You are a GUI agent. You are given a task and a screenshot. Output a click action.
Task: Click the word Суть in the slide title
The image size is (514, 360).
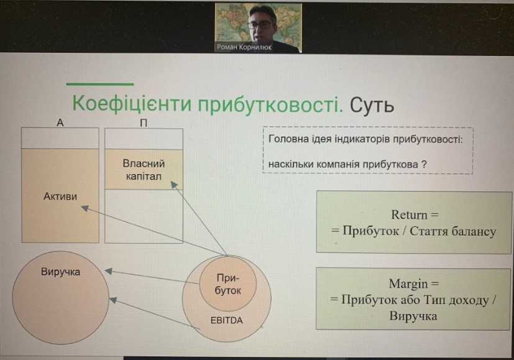pyautogui.click(x=372, y=105)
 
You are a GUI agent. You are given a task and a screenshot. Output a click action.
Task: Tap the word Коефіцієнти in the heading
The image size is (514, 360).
pyautogui.click(x=131, y=104)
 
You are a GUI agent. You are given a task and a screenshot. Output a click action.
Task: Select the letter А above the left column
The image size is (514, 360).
pyautogui.click(x=60, y=122)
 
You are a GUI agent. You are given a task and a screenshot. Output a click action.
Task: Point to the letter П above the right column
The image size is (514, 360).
pyautogui.click(x=144, y=123)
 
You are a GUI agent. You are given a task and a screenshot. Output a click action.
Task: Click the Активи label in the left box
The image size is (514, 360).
pyautogui.click(x=60, y=196)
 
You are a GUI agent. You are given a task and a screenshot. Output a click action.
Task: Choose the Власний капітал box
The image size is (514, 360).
pyautogui.click(x=144, y=170)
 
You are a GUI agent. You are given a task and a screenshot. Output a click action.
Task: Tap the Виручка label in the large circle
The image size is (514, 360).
pyautogui.click(x=61, y=272)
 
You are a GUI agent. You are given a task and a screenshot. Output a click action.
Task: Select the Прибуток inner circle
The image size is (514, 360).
pyautogui.click(x=227, y=284)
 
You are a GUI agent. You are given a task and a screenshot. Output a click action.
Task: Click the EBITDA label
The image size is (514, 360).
pyautogui.click(x=226, y=320)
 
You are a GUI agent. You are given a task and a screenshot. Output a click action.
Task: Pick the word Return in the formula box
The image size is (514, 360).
pyautogui.click(x=410, y=215)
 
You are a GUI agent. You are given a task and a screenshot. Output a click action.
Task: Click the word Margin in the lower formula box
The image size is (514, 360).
pyautogui.click(x=408, y=284)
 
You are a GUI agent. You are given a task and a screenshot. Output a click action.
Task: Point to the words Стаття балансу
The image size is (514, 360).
pyautogui.click(x=453, y=231)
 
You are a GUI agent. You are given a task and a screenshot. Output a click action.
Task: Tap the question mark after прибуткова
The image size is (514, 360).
pyautogui.click(x=424, y=164)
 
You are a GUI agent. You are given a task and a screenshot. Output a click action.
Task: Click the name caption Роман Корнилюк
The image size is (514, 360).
pyautogui.click(x=244, y=47)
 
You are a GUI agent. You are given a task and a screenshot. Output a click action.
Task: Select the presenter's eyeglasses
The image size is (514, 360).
pyautogui.click(x=260, y=24)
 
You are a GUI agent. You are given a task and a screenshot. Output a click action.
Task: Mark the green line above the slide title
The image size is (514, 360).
pyautogui.click(x=100, y=85)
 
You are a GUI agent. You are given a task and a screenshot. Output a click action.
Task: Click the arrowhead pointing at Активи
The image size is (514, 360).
pyautogui.click(x=85, y=208)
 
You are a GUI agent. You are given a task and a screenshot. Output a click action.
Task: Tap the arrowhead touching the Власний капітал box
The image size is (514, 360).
pyautogui.click(x=175, y=185)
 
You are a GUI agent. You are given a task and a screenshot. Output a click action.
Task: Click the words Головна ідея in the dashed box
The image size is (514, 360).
pyautogui.click(x=300, y=139)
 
